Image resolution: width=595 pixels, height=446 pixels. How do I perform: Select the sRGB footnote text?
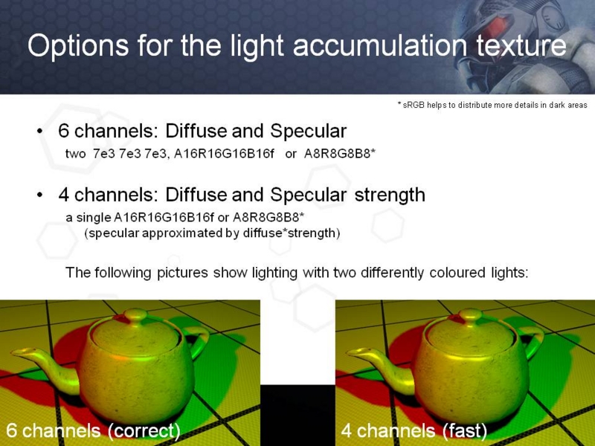coord(492,105)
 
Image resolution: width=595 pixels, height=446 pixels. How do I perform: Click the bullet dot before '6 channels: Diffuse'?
coord(40,132)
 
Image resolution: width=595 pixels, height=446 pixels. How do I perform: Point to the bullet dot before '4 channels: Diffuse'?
coord(40,195)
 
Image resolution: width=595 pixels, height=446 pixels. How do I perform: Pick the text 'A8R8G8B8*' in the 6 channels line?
coord(340,154)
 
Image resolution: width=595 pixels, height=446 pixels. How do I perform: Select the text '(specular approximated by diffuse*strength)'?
coord(212,233)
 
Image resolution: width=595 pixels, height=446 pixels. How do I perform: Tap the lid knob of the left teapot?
coord(135,314)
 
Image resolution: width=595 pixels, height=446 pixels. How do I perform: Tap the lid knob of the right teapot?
coord(471,314)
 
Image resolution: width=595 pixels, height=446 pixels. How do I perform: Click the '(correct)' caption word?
coord(144,431)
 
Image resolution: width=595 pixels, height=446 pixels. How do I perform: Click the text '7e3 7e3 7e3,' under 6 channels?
coord(132,154)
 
